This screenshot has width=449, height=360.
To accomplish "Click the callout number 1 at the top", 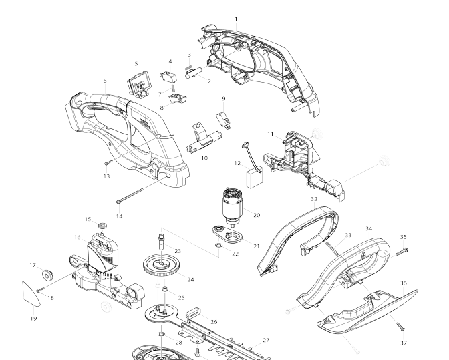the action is (x=236, y=19).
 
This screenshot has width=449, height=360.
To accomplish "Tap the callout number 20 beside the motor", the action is (x=257, y=215).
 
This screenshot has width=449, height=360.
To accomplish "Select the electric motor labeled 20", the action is (x=233, y=205).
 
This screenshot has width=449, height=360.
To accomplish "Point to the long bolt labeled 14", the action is (x=130, y=195).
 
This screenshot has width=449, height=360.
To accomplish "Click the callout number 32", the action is (x=314, y=199).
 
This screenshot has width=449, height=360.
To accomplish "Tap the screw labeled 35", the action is (x=402, y=252).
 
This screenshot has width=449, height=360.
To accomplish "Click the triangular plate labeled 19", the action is (x=30, y=294).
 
